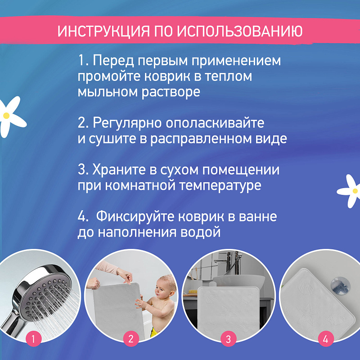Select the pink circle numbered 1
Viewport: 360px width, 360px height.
click(x=33, y=339)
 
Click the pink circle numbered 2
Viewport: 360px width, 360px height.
click(x=131, y=339)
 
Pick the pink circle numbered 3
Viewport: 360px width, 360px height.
click(x=229, y=339)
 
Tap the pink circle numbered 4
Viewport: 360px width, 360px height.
click(x=325, y=339)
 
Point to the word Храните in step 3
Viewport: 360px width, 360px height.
click(x=119, y=170)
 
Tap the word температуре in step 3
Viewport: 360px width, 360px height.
click(x=220, y=186)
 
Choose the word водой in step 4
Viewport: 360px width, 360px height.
click(x=200, y=232)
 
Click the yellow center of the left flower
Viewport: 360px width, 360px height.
click(x=6, y=116)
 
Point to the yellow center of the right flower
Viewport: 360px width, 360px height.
click(x=355, y=191)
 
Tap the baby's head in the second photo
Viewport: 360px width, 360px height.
click(x=166, y=286)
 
